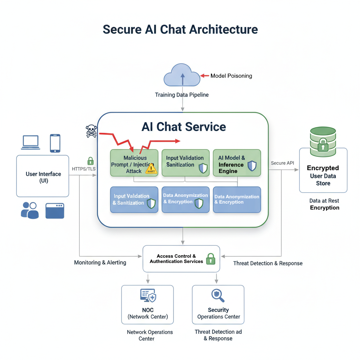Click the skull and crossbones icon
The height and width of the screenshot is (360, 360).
91,131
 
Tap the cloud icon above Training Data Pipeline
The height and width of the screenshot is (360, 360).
182,75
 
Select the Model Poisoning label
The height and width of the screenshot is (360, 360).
231,76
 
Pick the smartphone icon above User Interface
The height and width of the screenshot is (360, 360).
55,143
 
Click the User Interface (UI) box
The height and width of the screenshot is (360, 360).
43,176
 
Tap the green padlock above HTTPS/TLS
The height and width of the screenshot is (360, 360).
90,161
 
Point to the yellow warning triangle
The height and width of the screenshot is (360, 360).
152,169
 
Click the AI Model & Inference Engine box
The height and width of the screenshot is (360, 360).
237,163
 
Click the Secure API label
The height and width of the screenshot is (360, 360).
283,163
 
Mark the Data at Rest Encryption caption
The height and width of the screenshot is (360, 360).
324,204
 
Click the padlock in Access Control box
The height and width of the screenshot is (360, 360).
210,259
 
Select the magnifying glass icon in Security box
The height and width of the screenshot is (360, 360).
218,296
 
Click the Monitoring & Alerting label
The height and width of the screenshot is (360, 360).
100,263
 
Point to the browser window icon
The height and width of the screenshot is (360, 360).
55,211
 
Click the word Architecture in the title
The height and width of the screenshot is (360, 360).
223,29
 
